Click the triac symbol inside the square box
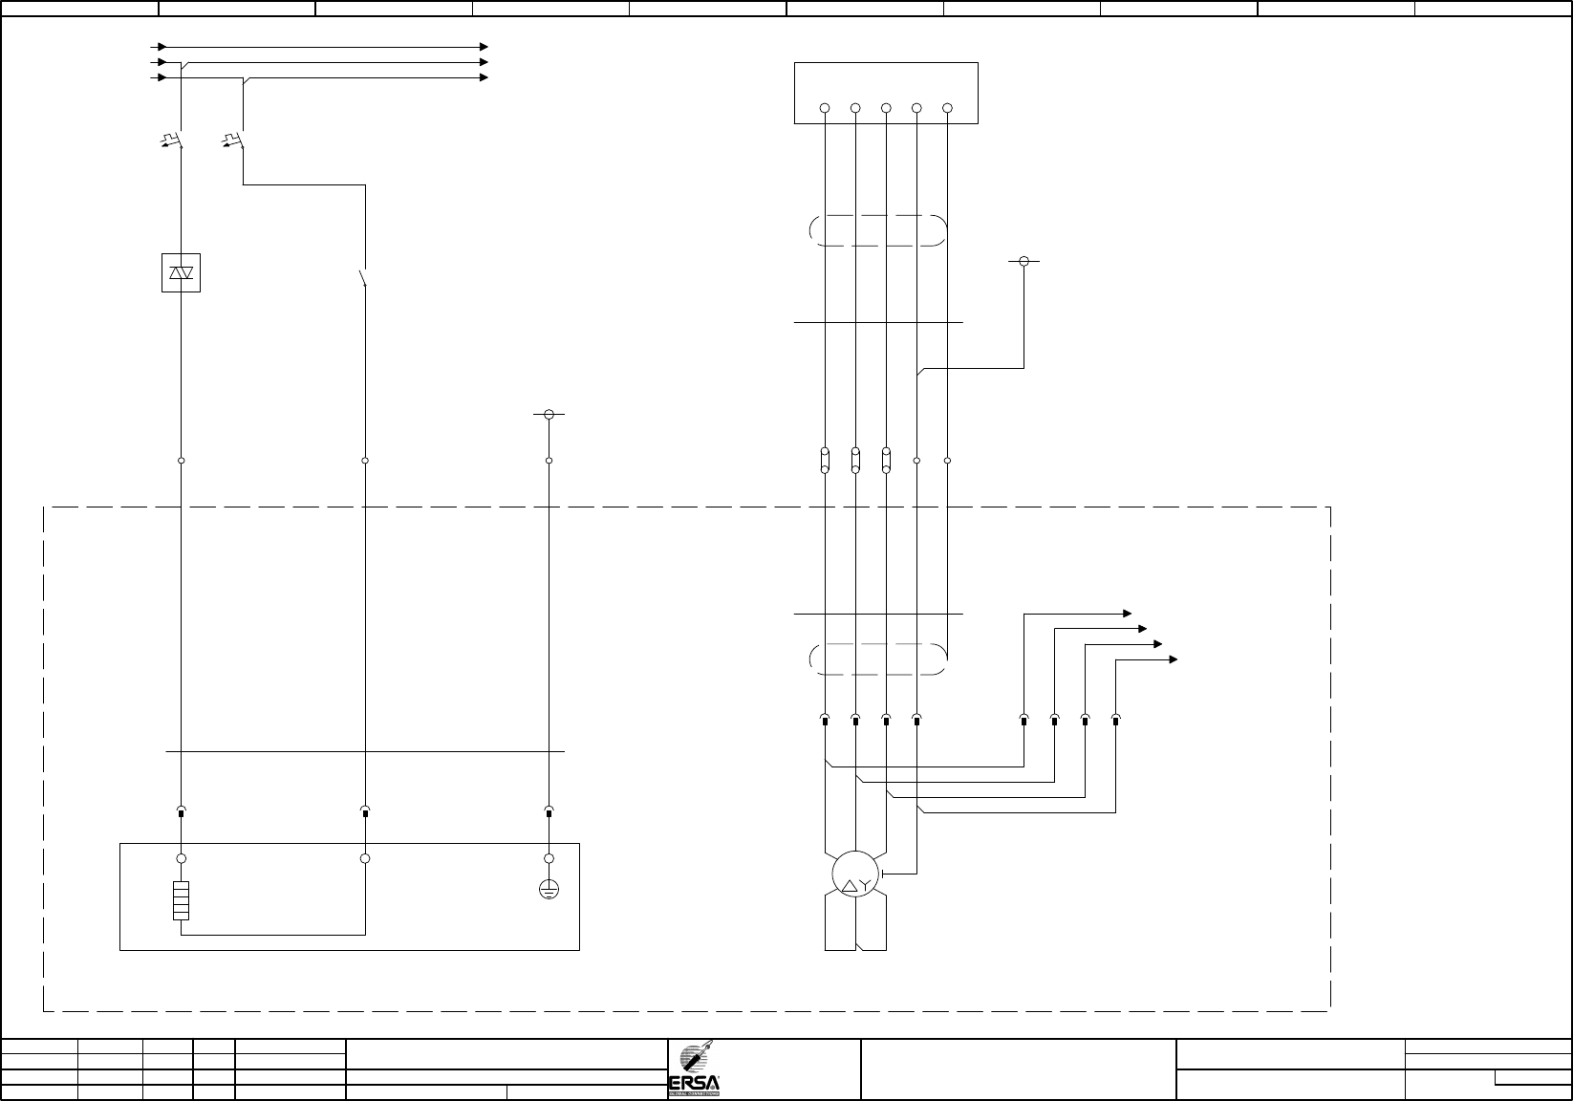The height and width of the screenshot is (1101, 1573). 181,272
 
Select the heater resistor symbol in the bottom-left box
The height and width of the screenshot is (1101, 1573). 181,900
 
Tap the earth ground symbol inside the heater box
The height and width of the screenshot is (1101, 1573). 549,890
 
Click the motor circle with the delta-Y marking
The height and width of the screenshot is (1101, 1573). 854,873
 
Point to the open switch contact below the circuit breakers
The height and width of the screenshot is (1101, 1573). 363,279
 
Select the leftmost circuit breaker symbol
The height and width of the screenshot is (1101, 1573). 173,141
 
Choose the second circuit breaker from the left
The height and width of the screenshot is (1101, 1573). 235,141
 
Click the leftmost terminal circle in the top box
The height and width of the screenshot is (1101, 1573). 825,108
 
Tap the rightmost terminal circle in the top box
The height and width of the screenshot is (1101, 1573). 947,108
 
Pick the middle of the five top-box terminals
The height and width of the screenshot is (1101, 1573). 886,108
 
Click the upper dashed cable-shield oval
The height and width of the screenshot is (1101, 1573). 877,230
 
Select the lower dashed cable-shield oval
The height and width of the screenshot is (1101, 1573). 877,659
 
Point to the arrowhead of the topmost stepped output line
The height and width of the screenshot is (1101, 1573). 1128,613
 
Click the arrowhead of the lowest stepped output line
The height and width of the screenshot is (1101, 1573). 1174,659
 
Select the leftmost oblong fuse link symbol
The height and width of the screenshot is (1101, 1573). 825,460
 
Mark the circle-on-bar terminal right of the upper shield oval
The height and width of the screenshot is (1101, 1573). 1024,261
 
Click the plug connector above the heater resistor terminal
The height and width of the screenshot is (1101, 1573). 181,812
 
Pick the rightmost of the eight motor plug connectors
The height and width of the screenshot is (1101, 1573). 1115,719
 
